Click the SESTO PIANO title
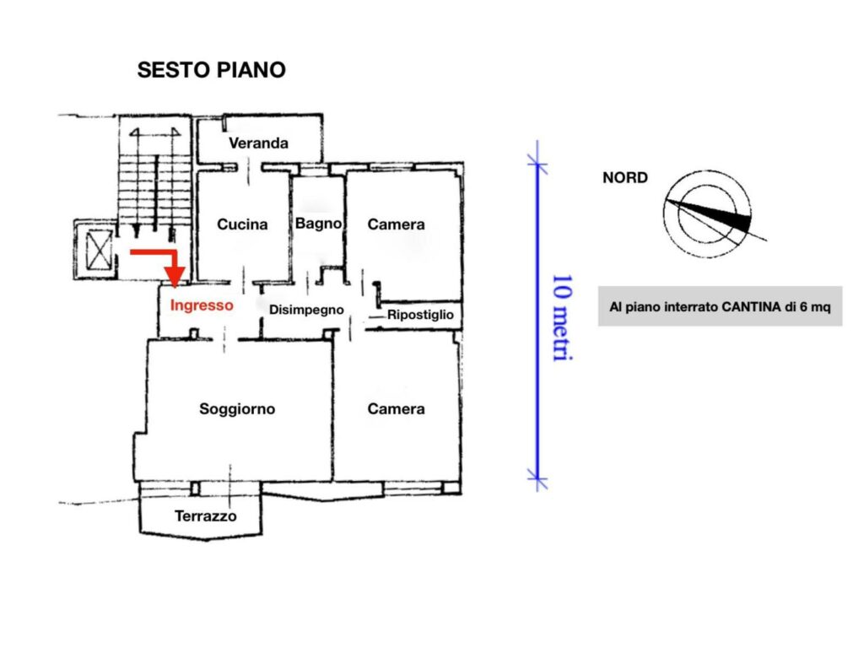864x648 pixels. point(212,70)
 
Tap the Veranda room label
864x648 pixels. point(258,143)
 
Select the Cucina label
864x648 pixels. point(242,224)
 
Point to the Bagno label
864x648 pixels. point(318,224)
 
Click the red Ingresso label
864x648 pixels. point(202,305)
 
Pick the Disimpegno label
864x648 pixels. point(306,310)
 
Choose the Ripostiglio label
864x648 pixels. point(420,316)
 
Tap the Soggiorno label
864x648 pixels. point(237,409)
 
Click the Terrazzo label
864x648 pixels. point(206,516)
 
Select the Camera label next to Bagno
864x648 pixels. point(397,224)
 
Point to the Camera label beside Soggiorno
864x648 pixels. point(397,409)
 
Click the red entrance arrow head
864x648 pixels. point(175,277)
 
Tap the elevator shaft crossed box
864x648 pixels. point(100,251)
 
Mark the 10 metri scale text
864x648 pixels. point(563,318)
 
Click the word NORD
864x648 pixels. point(625,178)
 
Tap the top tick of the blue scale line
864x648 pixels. point(537,164)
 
